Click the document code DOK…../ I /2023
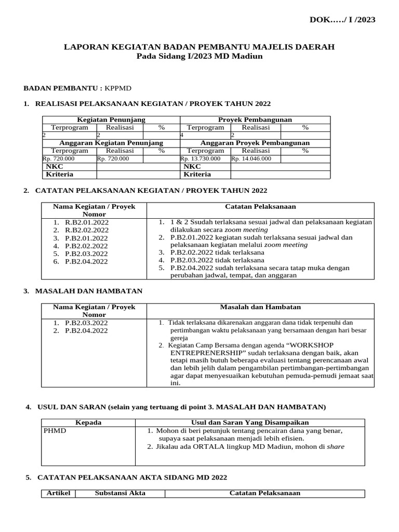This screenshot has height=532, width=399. click(x=342, y=20)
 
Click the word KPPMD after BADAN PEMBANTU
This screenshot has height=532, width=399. click(x=121, y=88)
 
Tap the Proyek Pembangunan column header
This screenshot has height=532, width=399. click(x=255, y=119)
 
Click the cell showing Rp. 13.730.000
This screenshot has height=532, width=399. click(x=201, y=158)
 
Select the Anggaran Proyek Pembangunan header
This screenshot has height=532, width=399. click(x=255, y=143)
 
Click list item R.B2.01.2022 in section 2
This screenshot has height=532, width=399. click(x=87, y=222)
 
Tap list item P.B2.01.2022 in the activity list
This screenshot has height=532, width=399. click(x=87, y=237)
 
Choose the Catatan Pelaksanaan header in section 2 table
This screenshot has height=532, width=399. click(x=260, y=207)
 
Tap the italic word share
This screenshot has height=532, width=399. click(x=335, y=446)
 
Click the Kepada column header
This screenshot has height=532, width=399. click(x=88, y=423)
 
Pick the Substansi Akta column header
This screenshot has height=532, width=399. click(x=120, y=493)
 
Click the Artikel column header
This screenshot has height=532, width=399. click(x=58, y=493)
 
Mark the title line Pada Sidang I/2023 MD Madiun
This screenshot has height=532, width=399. click(x=199, y=56)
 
